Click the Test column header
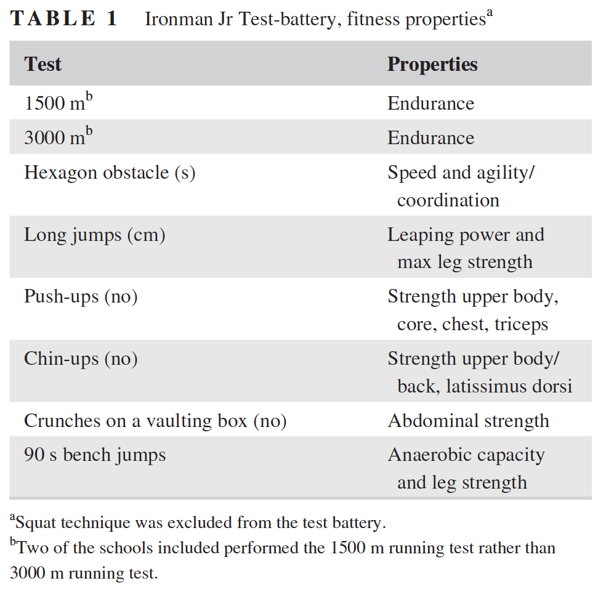[42, 64]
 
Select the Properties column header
[432, 64]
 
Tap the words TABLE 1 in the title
[64, 18]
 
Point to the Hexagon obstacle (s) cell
[110, 173]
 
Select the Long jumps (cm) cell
[94, 235]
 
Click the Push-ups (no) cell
[81, 296]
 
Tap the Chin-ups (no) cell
[81, 358]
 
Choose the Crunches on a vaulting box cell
[155, 421]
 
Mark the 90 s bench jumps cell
[95, 455]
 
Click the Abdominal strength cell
[468, 421]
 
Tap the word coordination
[448, 200]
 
